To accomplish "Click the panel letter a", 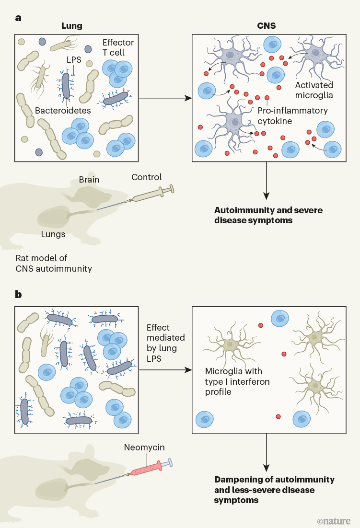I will click(x=18, y=18).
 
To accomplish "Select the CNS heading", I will click(x=267, y=26).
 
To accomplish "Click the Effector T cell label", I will click(x=118, y=47).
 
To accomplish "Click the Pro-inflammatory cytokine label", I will click(x=292, y=115).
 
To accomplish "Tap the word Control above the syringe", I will click(x=147, y=177).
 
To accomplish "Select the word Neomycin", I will click(x=144, y=448).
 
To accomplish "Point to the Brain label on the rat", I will click(x=89, y=180).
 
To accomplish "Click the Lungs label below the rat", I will click(x=53, y=234).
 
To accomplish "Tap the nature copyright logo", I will click(x=334, y=520).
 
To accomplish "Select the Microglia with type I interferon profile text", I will click(x=237, y=381).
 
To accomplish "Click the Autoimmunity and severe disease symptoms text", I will click(x=268, y=216).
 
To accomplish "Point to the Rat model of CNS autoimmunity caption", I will click(x=54, y=263).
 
